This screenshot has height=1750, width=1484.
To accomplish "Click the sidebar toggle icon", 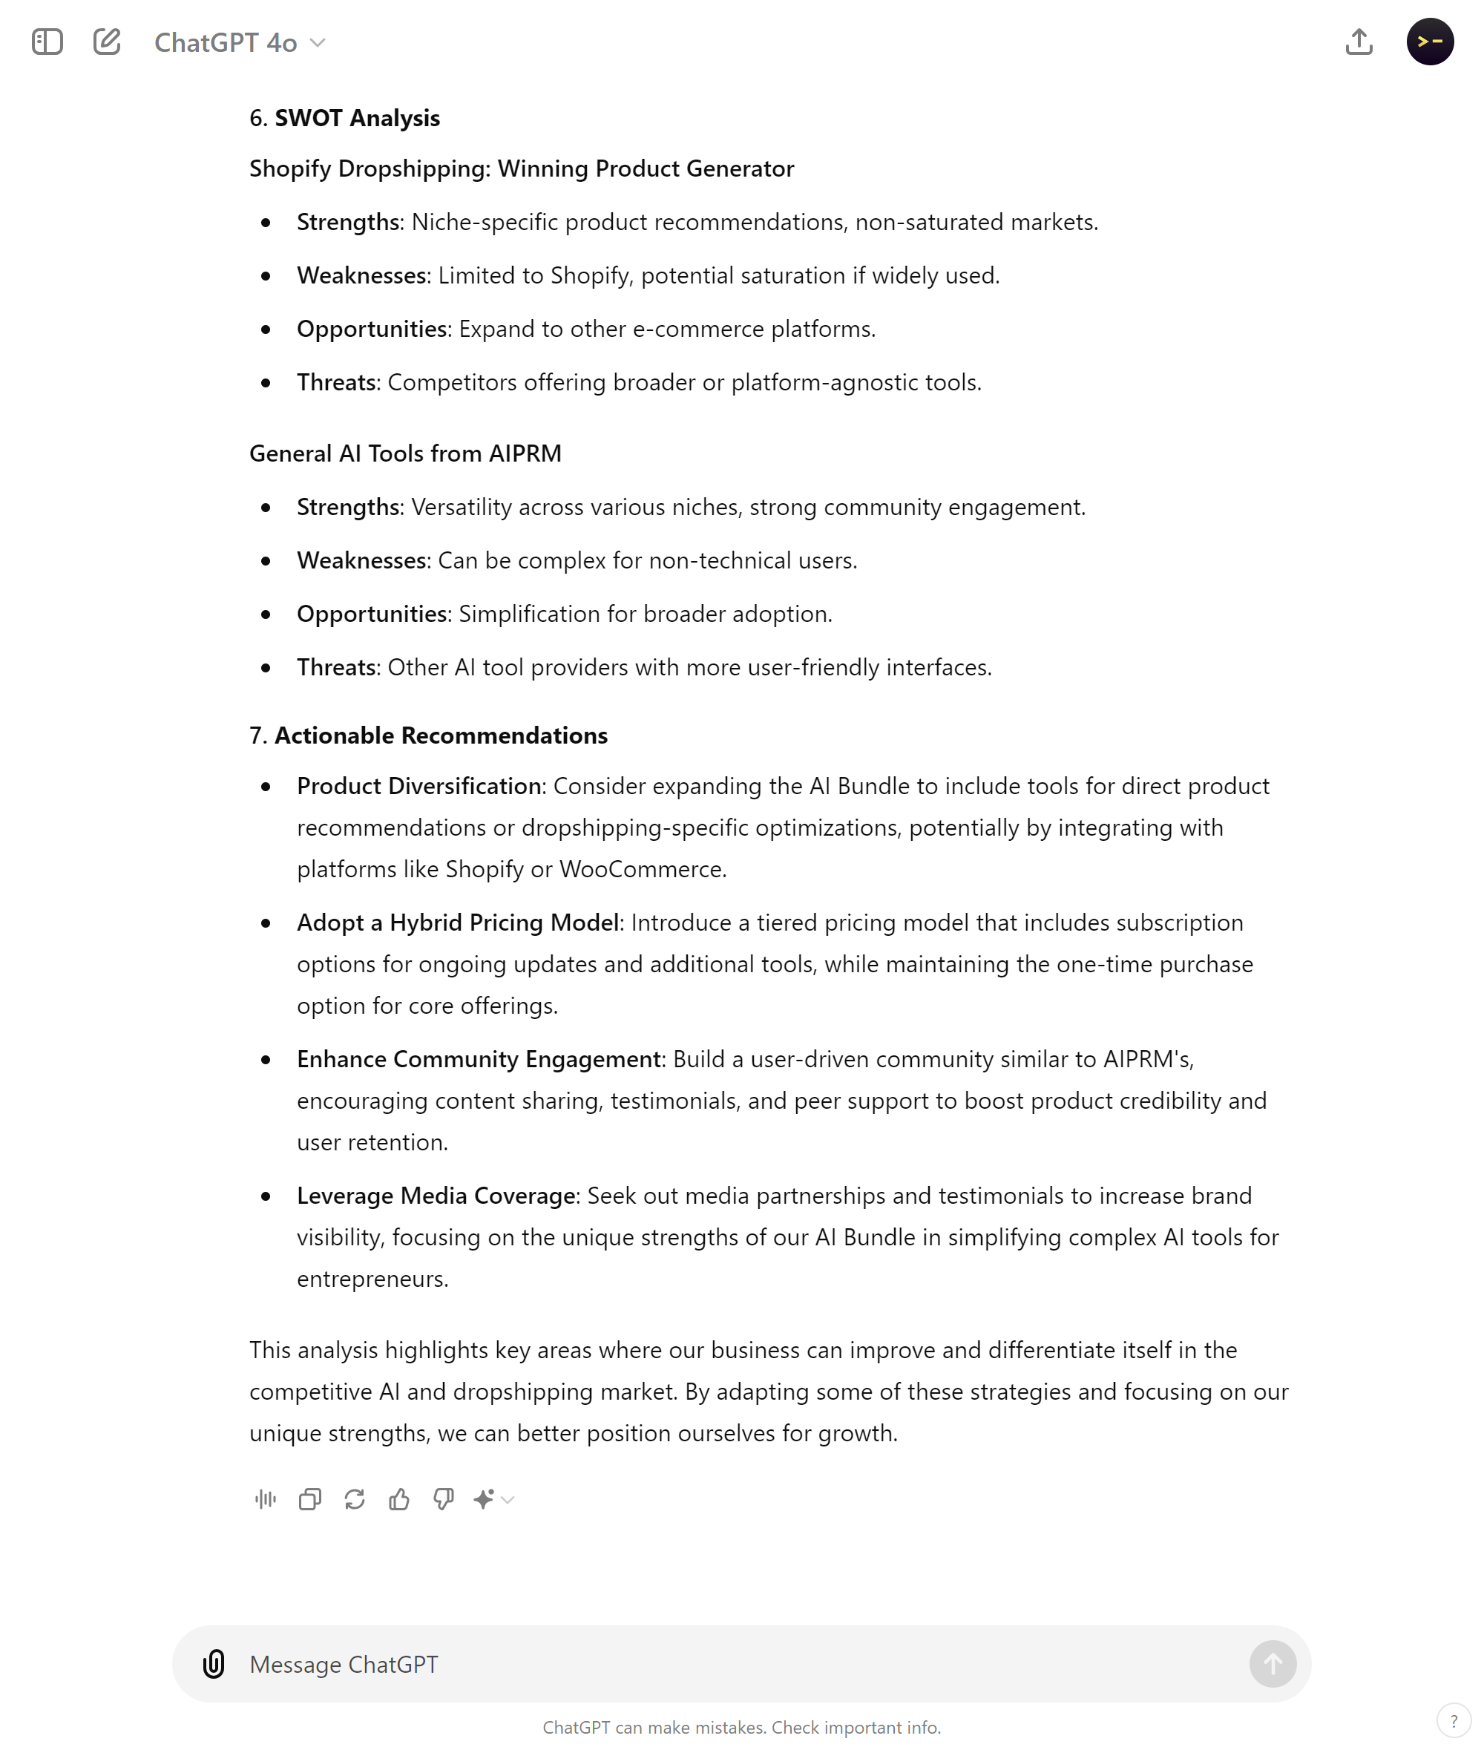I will point(47,42).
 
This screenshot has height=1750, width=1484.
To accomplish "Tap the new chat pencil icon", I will point(107,42).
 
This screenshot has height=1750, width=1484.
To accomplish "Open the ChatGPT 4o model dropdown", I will point(240,42).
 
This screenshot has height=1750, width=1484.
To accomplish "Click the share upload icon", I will point(1359,42).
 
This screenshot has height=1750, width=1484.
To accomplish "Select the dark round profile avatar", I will point(1429,42).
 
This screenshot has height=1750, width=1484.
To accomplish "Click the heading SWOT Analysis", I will point(357,118).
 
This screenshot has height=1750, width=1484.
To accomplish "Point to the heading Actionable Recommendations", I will point(440,735).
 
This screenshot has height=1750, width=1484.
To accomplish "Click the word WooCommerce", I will point(641,869).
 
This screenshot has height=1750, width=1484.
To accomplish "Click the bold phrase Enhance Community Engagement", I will point(479,1058).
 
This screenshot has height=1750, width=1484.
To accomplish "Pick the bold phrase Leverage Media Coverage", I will point(436,1196).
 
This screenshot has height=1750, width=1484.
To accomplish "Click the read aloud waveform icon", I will point(265,1498).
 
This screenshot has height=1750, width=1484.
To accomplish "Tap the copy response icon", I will point(309,1498).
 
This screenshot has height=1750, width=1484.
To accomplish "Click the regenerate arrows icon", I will point(354,1498).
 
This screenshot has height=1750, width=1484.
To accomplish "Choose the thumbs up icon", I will point(398,1498).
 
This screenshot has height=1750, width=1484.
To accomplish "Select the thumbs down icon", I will point(444,1498).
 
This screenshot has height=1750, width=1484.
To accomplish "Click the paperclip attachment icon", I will point(214,1663).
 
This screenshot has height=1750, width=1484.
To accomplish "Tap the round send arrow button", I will point(1272,1663).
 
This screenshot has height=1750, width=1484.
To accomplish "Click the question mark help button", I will point(1453,1720).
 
